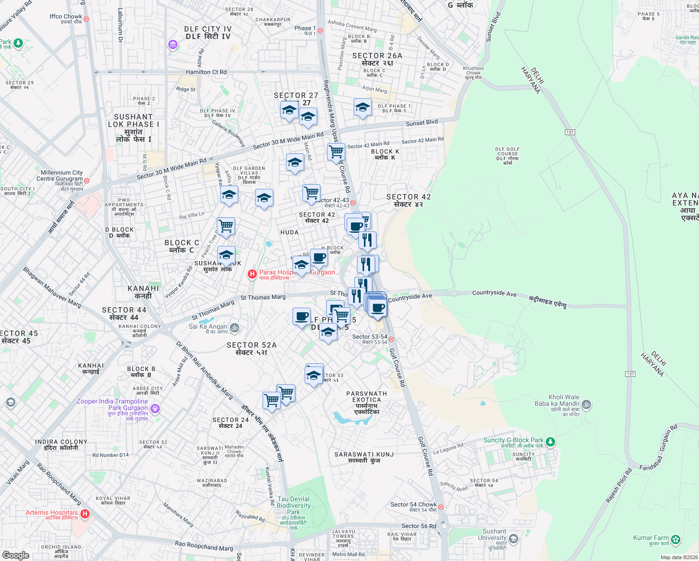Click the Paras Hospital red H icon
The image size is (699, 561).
[x=252, y=274]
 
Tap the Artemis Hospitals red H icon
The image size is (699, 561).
[x=85, y=514]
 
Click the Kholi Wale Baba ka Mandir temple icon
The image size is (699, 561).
[x=587, y=404]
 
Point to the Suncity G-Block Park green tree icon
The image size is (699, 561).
[x=550, y=441]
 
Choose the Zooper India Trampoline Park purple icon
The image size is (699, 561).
[x=155, y=409]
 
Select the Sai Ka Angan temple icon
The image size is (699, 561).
[x=235, y=328]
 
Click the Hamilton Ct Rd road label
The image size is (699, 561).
[x=206, y=72]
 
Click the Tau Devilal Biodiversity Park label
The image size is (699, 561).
[x=293, y=505]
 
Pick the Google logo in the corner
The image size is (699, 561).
[x=15, y=555]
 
